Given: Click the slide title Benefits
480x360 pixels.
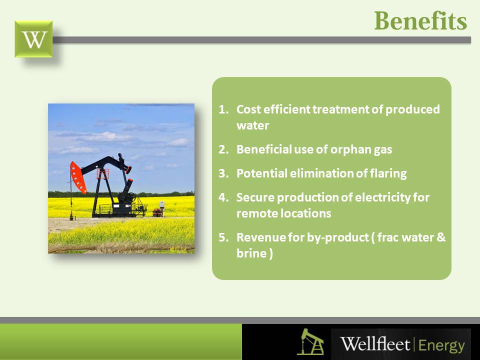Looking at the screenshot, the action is click(420, 21).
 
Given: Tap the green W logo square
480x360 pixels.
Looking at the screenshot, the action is click(33, 39).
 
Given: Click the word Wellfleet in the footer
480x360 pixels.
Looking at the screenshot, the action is click(375, 344).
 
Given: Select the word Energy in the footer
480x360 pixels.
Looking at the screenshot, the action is click(441, 346).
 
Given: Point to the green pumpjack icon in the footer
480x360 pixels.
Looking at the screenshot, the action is click(310, 341).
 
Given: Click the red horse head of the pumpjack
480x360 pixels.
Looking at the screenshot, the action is click(78, 177).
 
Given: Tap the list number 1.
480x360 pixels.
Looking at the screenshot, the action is click(223, 109).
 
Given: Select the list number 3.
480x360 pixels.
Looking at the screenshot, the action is click(223, 173).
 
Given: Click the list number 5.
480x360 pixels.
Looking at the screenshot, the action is click(223, 237).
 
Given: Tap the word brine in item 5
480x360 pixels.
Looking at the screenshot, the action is click(251, 253).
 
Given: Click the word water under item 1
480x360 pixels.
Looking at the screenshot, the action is click(253, 125).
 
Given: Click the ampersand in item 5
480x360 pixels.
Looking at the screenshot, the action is click(440, 237).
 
